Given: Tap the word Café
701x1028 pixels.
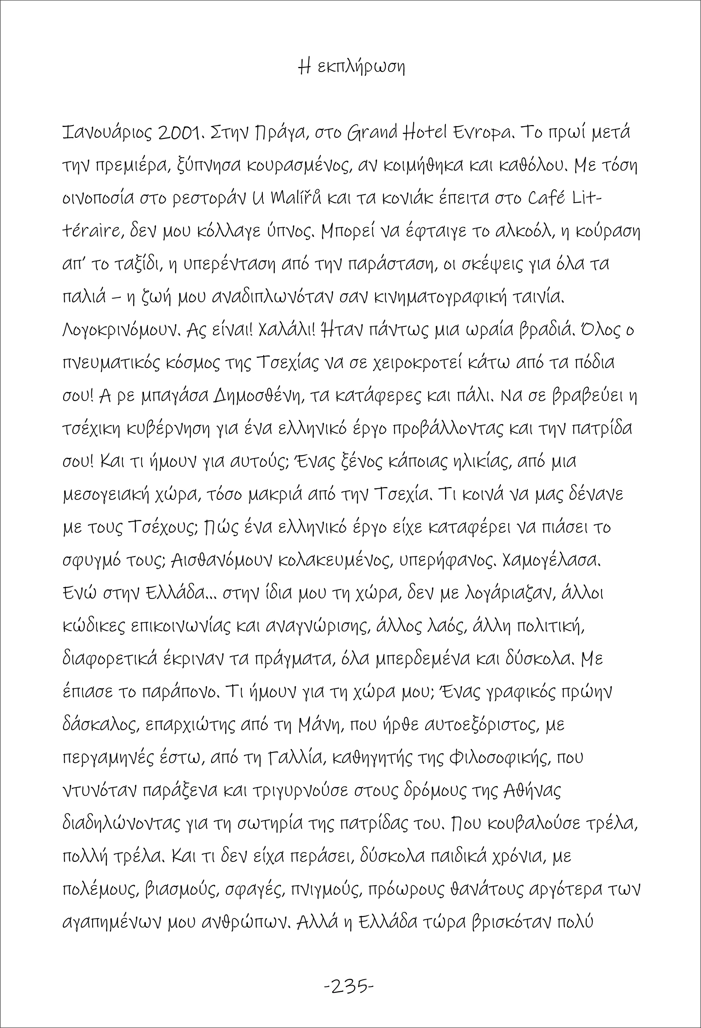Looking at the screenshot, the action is click(x=547, y=198).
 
